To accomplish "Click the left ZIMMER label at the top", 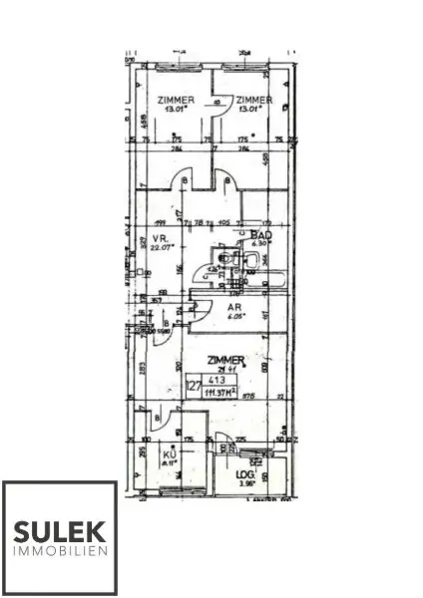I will pos(175,100).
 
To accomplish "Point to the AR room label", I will pos(235,309).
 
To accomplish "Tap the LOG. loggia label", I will pos(245,476).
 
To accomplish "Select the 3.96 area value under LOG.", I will pos(245,485).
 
